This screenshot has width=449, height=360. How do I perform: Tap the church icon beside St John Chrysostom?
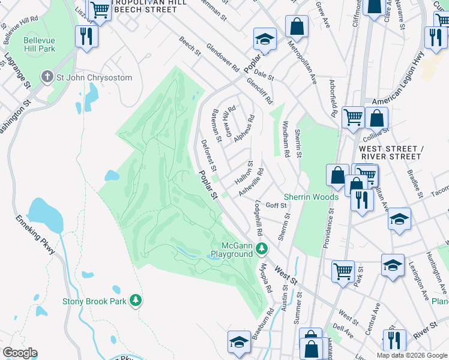click(47, 76)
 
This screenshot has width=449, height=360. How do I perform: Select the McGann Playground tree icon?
click(261, 248)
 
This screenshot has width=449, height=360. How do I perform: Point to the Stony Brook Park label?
click(95, 300)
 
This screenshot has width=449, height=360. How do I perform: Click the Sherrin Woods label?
click(311, 197)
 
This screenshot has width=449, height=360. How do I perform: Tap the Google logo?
click(20, 353)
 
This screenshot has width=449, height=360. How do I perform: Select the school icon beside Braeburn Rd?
click(239, 342)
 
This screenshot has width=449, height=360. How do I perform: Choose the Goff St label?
click(277, 205)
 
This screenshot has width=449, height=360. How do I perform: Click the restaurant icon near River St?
click(394, 340)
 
